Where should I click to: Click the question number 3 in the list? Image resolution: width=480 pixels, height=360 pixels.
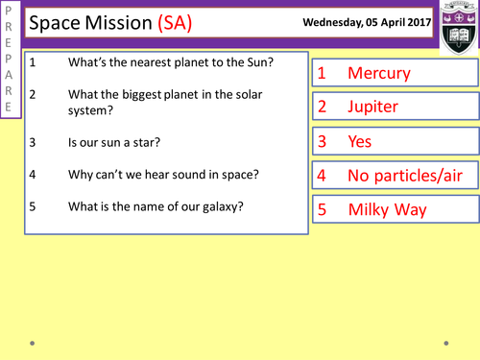coord(33,143)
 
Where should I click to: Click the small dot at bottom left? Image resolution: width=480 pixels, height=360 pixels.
coord(32,341)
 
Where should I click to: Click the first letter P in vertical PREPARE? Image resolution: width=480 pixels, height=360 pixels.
coord(10,13)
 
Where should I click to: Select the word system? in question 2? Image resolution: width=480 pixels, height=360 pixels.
coord(93,109)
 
